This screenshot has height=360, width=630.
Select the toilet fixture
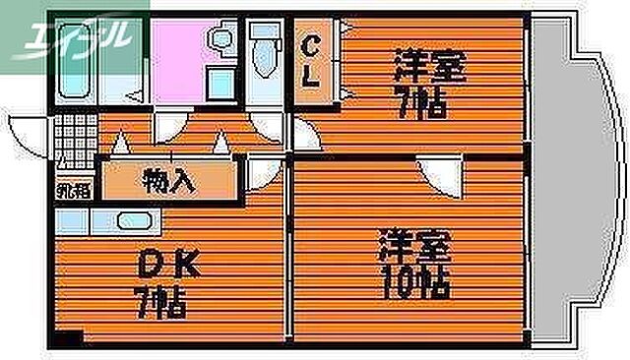tap(264, 54)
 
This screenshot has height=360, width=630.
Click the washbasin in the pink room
tap(220, 42)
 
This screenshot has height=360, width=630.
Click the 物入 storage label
tap(170, 181)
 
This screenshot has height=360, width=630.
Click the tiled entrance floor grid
tap(71, 132)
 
